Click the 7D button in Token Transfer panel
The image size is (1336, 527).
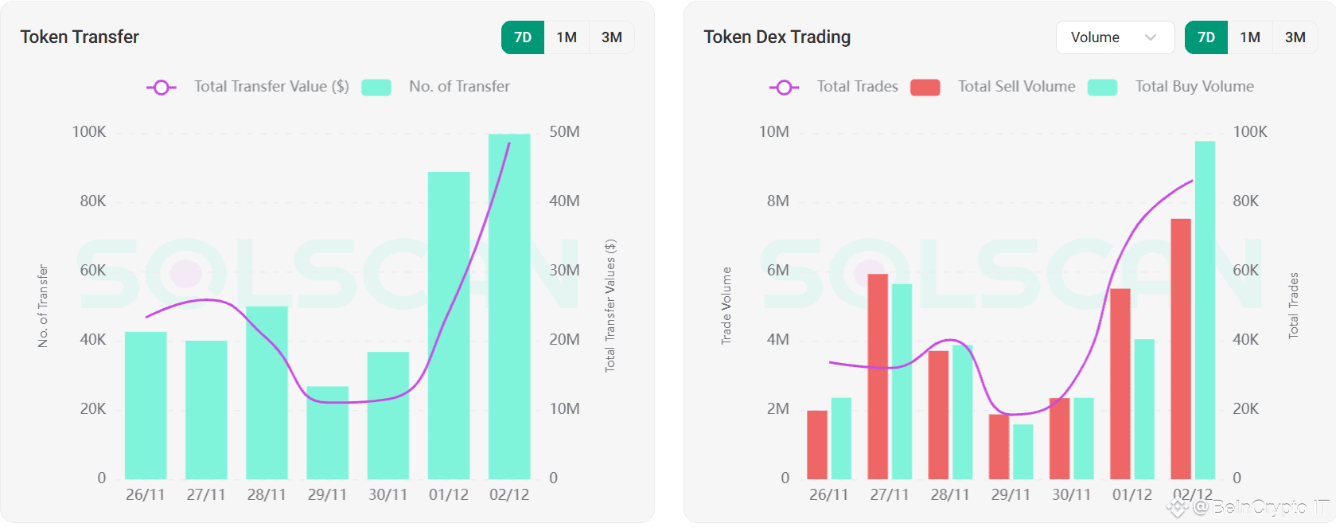pyautogui.click(x=523, y=37)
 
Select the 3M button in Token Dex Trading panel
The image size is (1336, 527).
pyautogui.click(x=1295, y=37)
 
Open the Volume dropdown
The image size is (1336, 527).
pyautogui.click(x=1114, y=37)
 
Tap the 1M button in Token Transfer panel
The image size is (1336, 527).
pyautogui.click(x=567, y=37)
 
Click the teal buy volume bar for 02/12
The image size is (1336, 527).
pyautogui.click(x=1205, y=310)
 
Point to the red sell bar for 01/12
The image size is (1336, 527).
pyautogui.click(x=1120, y=383)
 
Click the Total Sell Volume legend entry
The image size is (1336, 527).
pyautogui.click(x=1016, y=86)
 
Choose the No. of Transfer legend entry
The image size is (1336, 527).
pyautogui.click(x=458, y=86)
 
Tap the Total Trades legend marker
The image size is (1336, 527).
pyautogui.click(x=784, y=87)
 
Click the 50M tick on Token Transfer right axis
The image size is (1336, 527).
pyautogui.click(x=564, y=132)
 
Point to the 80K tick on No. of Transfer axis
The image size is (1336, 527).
pyautogui.click(x=92, y=201)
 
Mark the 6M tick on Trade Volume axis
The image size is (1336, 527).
pyautogui.click(x=777, y=271)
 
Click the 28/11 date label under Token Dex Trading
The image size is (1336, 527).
pyautogui.click(x=950, y=494)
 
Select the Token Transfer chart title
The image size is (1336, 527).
pyautogui.click(x=80, y=37)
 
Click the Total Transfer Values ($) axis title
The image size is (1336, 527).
pyautogui.click(x=610, y=306)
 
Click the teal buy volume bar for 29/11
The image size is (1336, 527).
pyautogui.click(x=1023, y=451)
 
